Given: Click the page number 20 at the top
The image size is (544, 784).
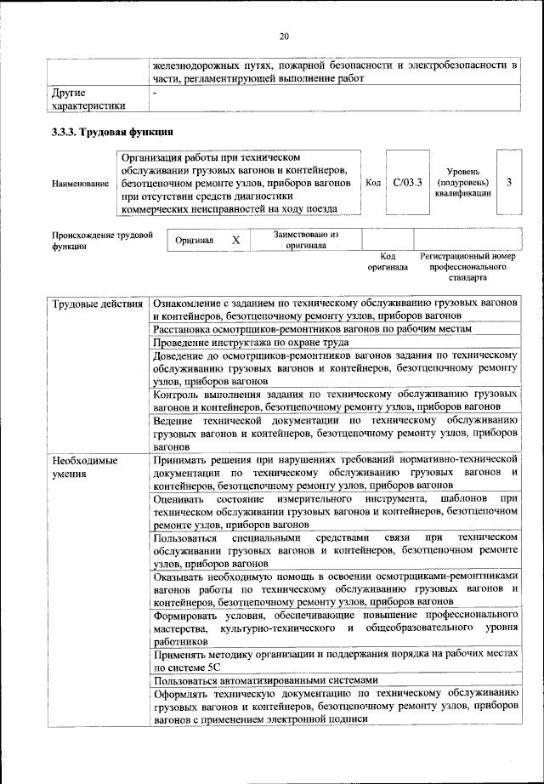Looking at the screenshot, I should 283,36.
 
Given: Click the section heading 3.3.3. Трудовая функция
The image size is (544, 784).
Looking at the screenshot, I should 113,132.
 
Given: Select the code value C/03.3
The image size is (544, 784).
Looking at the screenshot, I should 408,182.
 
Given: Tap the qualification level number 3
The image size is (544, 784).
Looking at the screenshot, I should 508,182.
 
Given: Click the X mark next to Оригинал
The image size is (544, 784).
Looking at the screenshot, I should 236,241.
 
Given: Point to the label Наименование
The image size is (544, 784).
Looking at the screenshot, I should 81,183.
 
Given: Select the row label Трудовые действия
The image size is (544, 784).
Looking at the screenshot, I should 96,304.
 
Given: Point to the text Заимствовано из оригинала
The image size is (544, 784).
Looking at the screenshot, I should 306,240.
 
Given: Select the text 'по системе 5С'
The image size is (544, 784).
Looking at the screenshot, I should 187,667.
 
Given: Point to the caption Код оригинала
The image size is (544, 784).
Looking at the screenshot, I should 388,261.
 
